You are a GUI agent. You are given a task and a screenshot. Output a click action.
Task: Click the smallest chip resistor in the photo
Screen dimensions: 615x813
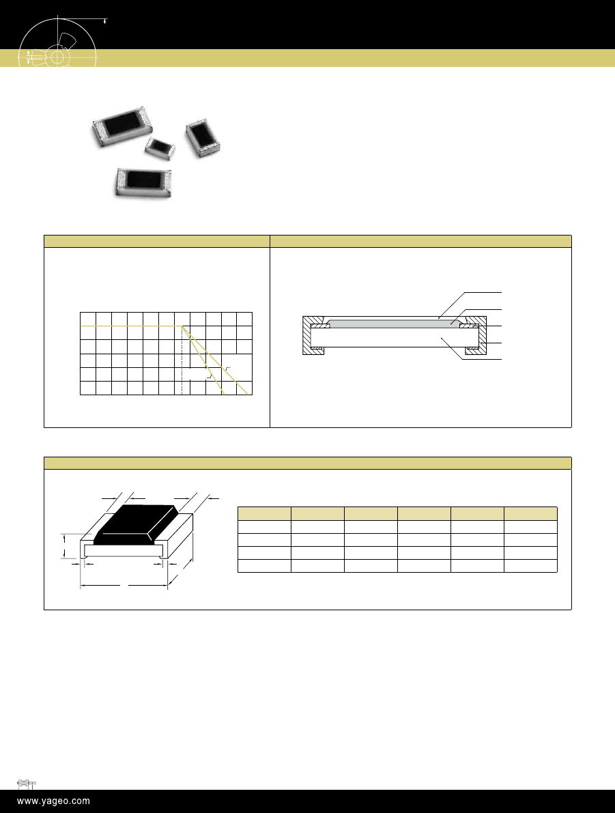(160, 147)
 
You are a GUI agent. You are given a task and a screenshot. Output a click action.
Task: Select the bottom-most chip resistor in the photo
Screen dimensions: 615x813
(143, 183)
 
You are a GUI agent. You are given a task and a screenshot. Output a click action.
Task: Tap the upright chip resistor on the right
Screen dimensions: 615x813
(203, 138)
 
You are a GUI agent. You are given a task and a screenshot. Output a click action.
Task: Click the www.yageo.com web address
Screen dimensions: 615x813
(53, 801)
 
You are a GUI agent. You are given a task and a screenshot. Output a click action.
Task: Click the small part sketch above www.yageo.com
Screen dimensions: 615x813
(26, 784)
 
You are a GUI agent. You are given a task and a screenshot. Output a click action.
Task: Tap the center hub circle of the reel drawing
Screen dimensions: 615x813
(57, 57)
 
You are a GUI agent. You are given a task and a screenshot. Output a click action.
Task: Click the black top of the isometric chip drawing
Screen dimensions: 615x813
(136, 524)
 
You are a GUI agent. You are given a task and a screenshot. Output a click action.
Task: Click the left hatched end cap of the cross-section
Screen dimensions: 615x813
(311, 335)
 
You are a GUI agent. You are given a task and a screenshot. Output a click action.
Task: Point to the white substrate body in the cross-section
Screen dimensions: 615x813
(394, 337)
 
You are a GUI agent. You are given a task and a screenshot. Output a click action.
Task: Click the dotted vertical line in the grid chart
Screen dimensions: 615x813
(182, 360)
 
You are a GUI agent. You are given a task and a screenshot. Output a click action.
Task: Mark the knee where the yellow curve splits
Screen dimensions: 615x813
(182, 326)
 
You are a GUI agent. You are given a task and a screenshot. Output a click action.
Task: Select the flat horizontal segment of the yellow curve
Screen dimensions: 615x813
(131, 326)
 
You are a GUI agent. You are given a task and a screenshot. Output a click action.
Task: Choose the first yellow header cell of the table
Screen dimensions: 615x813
(264, 513)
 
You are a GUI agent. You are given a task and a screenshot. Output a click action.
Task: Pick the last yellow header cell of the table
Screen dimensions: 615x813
(530, 513)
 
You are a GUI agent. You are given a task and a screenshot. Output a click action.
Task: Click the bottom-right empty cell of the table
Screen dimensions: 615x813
(530, 566)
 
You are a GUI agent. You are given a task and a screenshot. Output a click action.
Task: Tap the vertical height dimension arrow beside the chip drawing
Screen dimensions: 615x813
(64, 546)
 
